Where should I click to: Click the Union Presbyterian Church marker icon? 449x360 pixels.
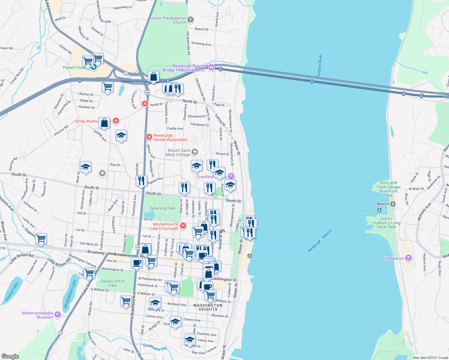(x=190, y=20)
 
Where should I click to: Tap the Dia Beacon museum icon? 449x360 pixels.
(x=408, y=258)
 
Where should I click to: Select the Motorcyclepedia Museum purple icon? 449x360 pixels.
(x=58, y=315)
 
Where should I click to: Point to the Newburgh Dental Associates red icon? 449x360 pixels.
(x=149, y=137)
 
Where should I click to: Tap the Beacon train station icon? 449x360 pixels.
(x=393, y=204)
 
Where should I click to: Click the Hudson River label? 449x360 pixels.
(x=320, y=65)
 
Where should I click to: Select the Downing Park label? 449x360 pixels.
(x=162, y=208)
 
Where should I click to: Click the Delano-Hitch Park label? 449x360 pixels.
(x=113, y=283)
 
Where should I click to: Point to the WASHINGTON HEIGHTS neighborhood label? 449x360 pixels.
(x=208, y=307)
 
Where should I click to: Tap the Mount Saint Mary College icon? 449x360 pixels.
(x=194, y=152)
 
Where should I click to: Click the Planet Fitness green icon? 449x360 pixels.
(x=94, y=67)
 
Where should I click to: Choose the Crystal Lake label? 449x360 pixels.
(x=12, y=292)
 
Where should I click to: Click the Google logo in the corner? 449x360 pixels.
(x=10, y=356)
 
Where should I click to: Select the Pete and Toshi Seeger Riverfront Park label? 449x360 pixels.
(x=388, y=189)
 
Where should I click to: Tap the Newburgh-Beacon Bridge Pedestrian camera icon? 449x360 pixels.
(x=211, y=67)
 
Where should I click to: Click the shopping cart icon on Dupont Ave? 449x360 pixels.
(x=41, y=239)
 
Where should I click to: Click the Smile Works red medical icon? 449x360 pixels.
(x=116, y=121)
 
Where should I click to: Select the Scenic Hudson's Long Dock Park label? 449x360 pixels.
(x=386, y=223)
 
